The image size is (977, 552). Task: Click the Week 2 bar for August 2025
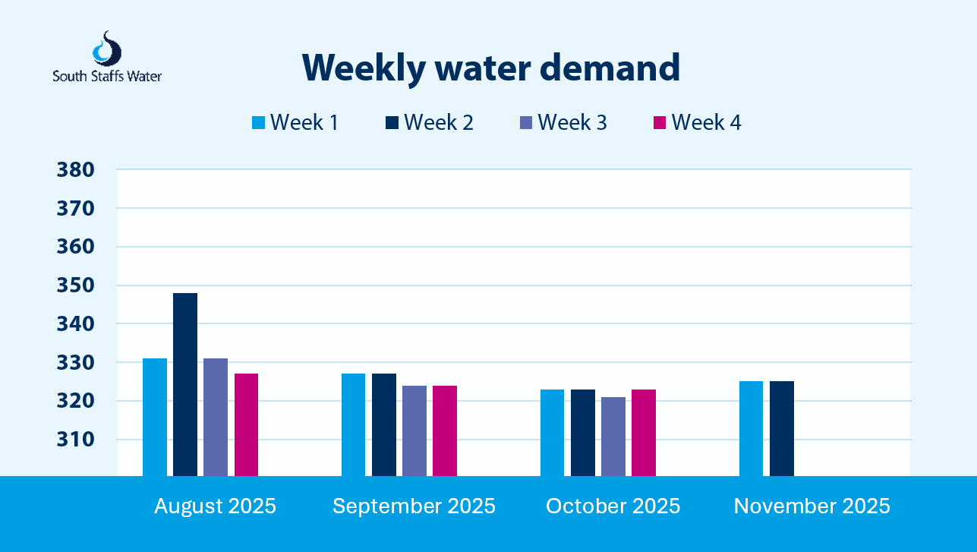185,384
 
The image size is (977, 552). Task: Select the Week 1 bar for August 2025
155,417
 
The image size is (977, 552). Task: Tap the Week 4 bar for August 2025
246,424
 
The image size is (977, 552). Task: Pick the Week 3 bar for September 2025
414,431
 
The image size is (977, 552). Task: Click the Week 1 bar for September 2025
354,424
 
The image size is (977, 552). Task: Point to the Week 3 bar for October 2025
613,436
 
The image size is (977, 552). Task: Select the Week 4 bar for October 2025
644,432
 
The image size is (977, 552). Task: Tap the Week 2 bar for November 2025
782,428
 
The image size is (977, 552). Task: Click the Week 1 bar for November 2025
752,428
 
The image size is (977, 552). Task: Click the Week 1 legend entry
295,122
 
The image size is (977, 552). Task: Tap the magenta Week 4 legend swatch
660,123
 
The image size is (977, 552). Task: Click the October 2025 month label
613,506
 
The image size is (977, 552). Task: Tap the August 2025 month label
215,506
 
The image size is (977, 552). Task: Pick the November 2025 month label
812,506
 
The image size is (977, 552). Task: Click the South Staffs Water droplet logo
106,49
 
